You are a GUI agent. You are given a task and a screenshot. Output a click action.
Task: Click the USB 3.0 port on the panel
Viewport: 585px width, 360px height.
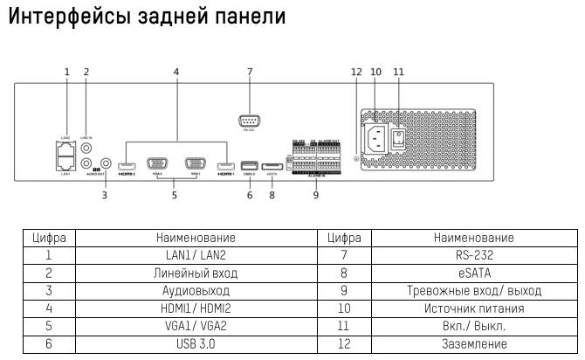click(x=249, y=165)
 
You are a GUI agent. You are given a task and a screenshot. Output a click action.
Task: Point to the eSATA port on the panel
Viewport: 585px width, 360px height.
click(x=272, y=165)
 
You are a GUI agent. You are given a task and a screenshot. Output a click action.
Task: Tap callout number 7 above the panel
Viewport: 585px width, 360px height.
click(x=250, y=71)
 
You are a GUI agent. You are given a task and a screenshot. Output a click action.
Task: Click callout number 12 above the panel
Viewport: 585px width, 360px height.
click(x=356, y=71)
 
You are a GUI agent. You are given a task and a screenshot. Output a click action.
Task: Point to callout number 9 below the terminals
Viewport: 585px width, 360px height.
click(x=316, y=195)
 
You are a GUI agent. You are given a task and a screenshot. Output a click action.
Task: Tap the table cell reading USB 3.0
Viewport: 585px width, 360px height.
click(x=196, y=344)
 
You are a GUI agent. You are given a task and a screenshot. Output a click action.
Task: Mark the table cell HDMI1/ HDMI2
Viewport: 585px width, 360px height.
click(x=196, y=308)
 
